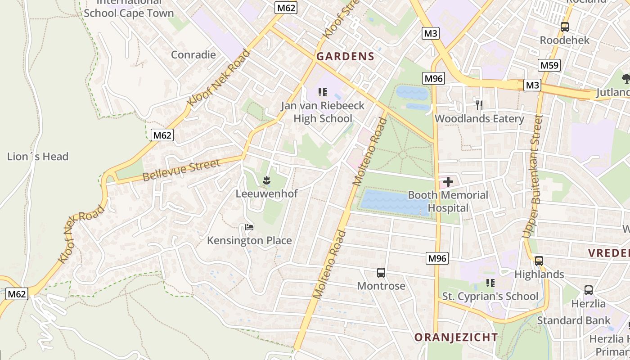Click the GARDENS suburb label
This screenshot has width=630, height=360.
(x=345, y=56)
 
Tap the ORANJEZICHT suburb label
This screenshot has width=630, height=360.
(x=456, y=337)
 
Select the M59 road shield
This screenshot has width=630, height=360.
(x=549, y=65)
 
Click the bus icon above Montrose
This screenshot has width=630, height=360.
(x=381, y=272)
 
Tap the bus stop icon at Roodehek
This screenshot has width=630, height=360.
(x=565, y=27)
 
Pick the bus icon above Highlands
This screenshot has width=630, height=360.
(x=539, y=261)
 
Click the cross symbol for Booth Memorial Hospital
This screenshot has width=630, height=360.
(x=448, y=182)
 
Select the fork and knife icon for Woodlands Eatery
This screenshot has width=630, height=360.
(x=479, y=105)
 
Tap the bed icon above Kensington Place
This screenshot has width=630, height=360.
(x=249, y=227)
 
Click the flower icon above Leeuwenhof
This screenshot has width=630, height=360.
(x=266, y=180)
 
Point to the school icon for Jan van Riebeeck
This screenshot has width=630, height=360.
(x=322, y=92)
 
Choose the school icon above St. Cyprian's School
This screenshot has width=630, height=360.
(x=490, y=283)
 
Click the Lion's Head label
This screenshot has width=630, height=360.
(x=38, y=157)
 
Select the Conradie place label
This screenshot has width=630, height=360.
(x=193, y=55)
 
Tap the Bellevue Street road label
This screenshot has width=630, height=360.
(x=181, y=170)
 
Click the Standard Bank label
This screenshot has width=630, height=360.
(x=574, y=320)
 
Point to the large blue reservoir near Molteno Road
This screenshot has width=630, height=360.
(x=391, y=202)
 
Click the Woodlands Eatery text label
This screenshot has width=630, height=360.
(x=479, y=119)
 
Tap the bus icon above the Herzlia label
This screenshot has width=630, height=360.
(x=588, y=290)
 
